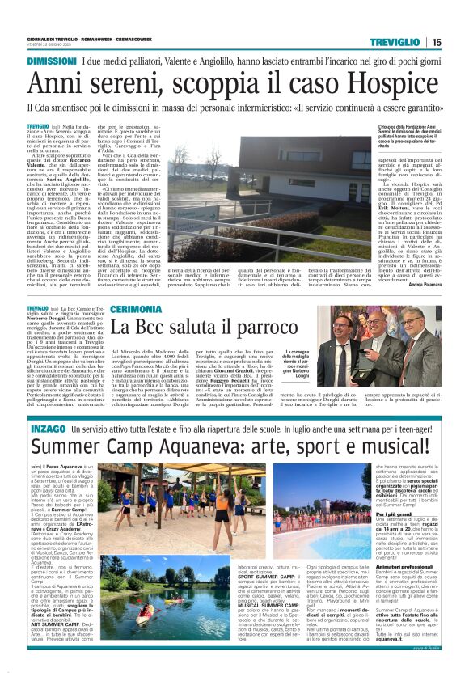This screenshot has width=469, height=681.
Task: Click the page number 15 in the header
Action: (x=458, y=42)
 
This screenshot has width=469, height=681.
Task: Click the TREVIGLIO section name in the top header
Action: (x=401, y=42)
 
